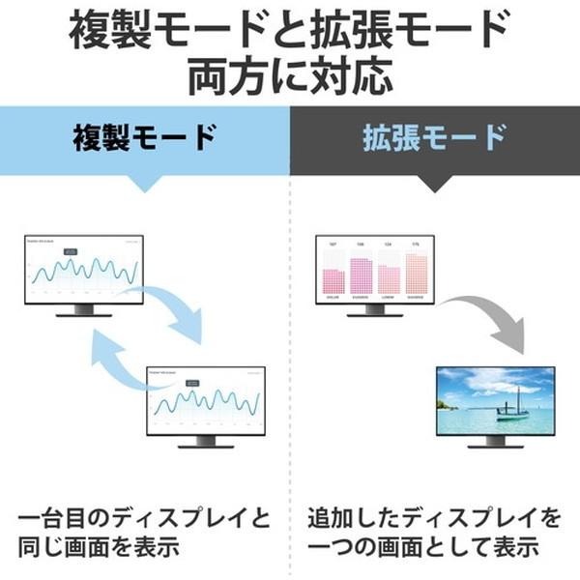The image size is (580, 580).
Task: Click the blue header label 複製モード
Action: (145, 137)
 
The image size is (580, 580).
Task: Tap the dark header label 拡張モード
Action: (435, 137)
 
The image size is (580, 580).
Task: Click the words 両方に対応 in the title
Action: (290, 74)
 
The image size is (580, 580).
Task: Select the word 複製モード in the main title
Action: (174, 29)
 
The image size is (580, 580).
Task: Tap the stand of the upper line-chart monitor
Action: (83, 311)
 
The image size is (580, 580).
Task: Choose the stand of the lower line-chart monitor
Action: (205, 441)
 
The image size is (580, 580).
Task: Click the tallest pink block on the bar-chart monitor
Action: (360, 275)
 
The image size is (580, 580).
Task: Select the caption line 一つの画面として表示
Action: (425, 546)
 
